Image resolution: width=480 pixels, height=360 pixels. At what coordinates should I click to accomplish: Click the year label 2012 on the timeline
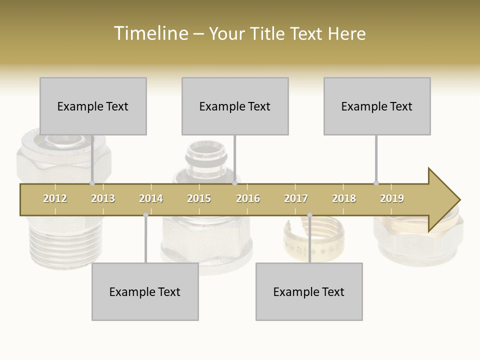[55, 198]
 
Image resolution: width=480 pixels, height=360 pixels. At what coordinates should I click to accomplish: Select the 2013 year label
[103, 198]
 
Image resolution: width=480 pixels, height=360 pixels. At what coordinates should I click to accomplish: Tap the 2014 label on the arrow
[151, 198]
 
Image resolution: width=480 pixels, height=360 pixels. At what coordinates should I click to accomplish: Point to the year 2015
[199, 198]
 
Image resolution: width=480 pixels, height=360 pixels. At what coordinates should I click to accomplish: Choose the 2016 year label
[248, 198]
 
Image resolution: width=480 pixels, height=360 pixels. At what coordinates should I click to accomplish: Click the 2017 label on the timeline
[296, 198]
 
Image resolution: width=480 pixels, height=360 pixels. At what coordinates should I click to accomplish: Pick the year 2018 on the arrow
[344, 198]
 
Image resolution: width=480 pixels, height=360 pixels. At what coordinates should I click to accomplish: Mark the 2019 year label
[392, 198]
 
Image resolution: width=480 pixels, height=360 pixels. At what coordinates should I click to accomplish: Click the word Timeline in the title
[149, 33]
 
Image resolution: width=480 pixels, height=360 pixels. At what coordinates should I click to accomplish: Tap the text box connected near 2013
[93, 106]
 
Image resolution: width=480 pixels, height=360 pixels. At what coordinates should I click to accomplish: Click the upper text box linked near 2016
[235, 106]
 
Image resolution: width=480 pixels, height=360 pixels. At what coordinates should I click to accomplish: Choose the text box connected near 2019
[377, 106]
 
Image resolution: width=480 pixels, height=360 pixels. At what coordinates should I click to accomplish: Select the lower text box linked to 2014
[145, 291]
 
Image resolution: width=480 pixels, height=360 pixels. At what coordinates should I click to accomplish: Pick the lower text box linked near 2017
[309, 291]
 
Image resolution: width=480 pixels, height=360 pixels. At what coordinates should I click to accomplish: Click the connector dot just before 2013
[92, 183]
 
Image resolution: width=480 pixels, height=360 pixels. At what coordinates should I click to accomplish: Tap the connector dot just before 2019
[376, 183]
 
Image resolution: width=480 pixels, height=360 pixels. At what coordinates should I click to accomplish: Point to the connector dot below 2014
[145, 215]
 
